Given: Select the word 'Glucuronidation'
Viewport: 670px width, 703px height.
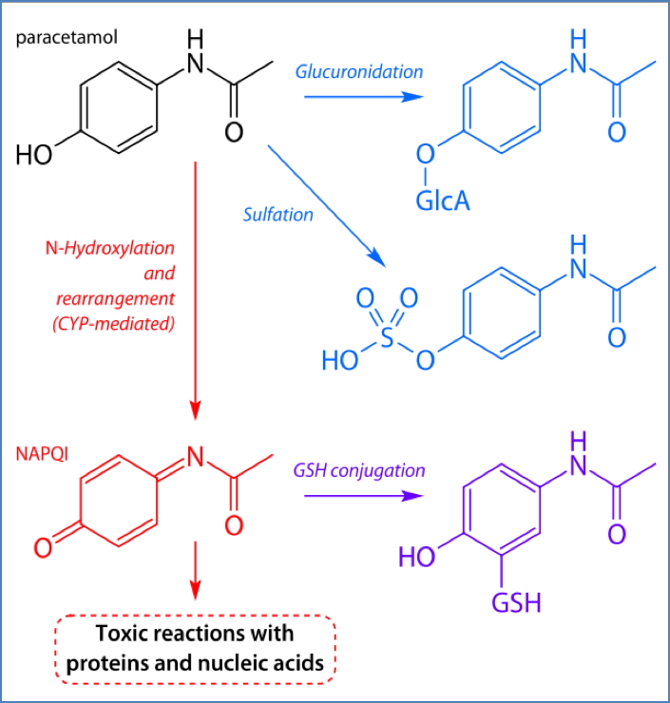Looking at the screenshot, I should (x=359, y=71).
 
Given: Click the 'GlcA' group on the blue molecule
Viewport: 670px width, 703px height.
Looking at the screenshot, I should (x=440, y=200).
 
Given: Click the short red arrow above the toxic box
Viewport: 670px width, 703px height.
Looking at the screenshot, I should (x=195, y=570).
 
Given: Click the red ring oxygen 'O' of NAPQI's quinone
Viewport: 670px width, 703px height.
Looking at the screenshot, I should (x=43, y=547).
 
